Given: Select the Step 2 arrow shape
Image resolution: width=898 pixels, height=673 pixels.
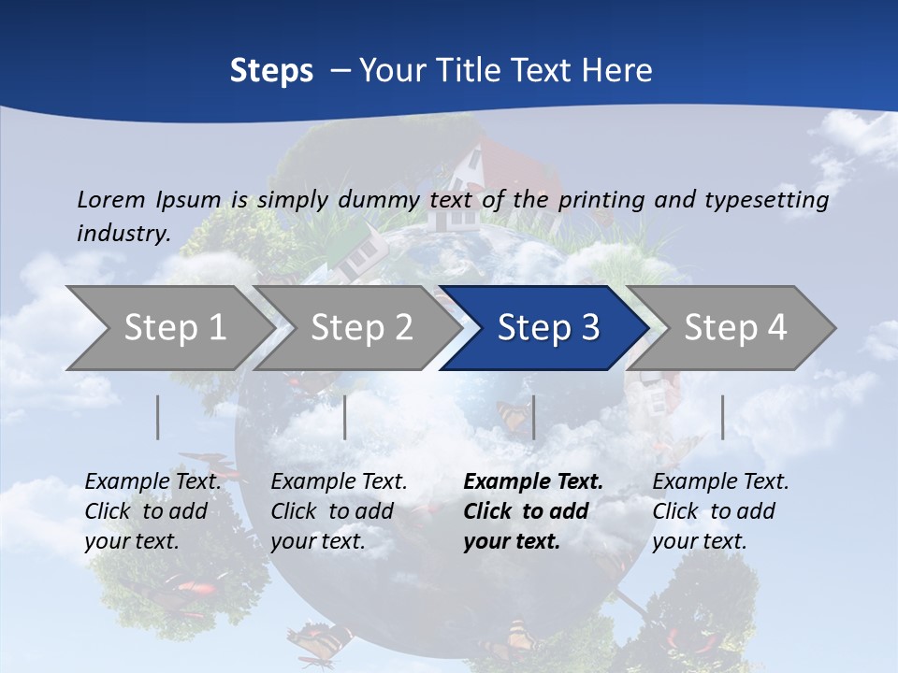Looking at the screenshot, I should (x=360, y=328).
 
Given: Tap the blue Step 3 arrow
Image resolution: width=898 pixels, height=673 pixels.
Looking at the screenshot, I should (x=547, y=328).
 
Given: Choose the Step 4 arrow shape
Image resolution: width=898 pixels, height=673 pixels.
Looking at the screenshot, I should (x=734, y=328).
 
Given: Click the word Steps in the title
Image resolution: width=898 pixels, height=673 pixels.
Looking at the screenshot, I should (x=271, y=71).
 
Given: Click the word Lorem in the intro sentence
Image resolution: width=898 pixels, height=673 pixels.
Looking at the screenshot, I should (x=110, y=199).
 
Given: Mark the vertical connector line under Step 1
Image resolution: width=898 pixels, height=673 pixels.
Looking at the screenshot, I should (x=158, y=417).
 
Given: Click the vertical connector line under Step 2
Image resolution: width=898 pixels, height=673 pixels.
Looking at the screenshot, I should (x=345, y=417).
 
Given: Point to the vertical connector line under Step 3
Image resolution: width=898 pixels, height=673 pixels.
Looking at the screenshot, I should (x=533, y=417).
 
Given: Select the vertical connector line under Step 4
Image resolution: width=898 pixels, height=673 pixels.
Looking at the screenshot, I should (x=722, y=417).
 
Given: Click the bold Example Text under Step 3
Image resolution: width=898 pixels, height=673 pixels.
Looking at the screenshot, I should (x=533, y=482).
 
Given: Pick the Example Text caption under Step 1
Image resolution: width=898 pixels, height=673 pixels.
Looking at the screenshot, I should (x=153, y=482).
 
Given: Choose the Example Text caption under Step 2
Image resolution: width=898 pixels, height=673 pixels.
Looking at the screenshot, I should (x=340, y=482).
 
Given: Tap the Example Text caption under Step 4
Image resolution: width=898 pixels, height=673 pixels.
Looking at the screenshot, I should (x=721, y=482).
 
